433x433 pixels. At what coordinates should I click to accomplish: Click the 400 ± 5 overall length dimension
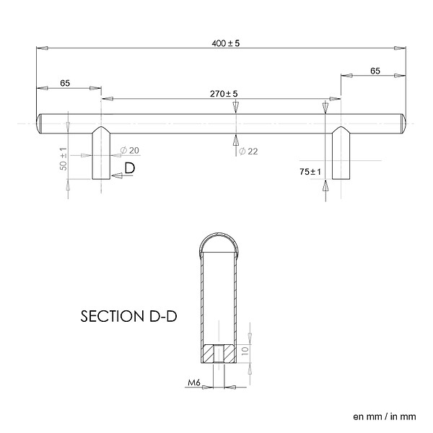click(226, 43)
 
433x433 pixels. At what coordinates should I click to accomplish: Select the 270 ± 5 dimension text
click(224, 94)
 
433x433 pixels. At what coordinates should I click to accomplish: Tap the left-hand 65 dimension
click(65, 83)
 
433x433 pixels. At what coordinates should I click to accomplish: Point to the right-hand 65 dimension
click(375, 71)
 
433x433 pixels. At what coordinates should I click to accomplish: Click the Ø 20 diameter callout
click(129, 151)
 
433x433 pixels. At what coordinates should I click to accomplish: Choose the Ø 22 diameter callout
click(248, 152)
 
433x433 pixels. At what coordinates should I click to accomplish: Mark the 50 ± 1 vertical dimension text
click(64, 159)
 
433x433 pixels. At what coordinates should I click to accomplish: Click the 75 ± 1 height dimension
click(310, 172)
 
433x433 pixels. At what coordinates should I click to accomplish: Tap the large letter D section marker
click(130, 168)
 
